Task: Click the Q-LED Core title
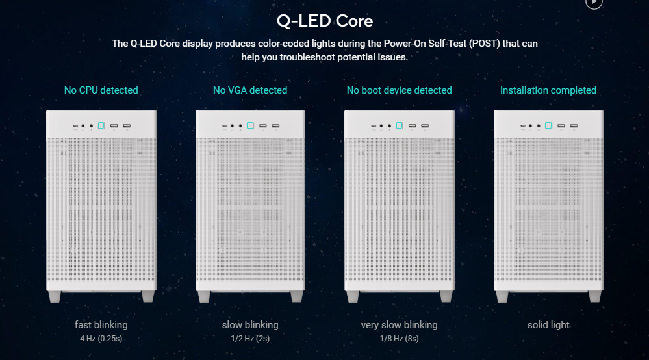click(325, 21)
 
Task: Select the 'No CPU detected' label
click(101, 90)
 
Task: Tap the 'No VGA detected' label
click(250, 90)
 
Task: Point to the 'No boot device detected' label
click(400, 90)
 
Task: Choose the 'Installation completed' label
click(548, 90)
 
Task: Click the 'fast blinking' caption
click(101, 325)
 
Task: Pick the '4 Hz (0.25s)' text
click(101, 339)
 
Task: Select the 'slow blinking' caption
click(250, 325)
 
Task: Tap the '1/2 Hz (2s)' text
click(250, 339)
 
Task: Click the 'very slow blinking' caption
click(400, 325)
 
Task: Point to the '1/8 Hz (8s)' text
click(400, 339)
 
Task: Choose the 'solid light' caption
click(548, 325)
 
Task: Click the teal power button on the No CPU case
click(101, 126)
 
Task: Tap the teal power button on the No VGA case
click(250, 126)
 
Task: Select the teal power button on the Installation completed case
click(548, 126)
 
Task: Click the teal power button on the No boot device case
click(400, 126)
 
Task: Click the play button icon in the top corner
click(594, 3)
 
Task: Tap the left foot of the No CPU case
click(55, 296)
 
